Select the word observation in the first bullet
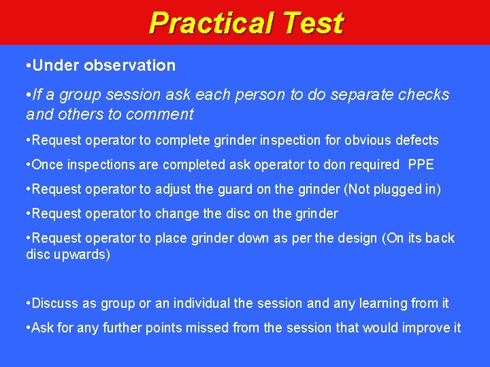tap(130, 65)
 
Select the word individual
tap(205, 303)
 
